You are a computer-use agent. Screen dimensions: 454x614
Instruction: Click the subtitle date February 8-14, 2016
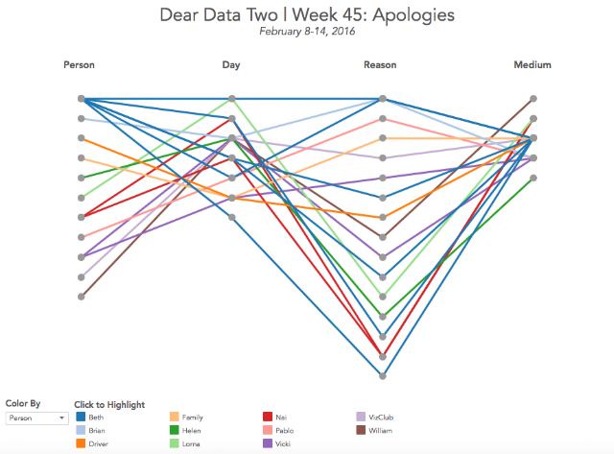point(306,32)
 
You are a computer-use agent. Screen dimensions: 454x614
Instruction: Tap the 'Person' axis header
point(79,65)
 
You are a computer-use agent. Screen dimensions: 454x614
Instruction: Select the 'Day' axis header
point(231,65)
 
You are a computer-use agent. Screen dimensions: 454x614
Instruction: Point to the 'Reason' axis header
point(380,65)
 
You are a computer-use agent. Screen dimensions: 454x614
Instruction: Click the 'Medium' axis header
point(531,65)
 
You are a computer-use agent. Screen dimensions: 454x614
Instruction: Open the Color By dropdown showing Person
point(36,418)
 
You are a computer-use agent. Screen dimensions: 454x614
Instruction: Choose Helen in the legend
point(191,431)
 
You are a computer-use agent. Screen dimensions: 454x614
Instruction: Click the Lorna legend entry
point(191,444)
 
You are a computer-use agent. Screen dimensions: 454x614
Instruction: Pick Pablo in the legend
point(283,431)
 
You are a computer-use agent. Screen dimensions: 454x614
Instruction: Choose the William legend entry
point(380,431)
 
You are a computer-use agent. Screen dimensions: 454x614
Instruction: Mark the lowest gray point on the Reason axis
point(382,375)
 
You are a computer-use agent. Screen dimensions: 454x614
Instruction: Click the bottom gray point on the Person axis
point(83,297)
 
